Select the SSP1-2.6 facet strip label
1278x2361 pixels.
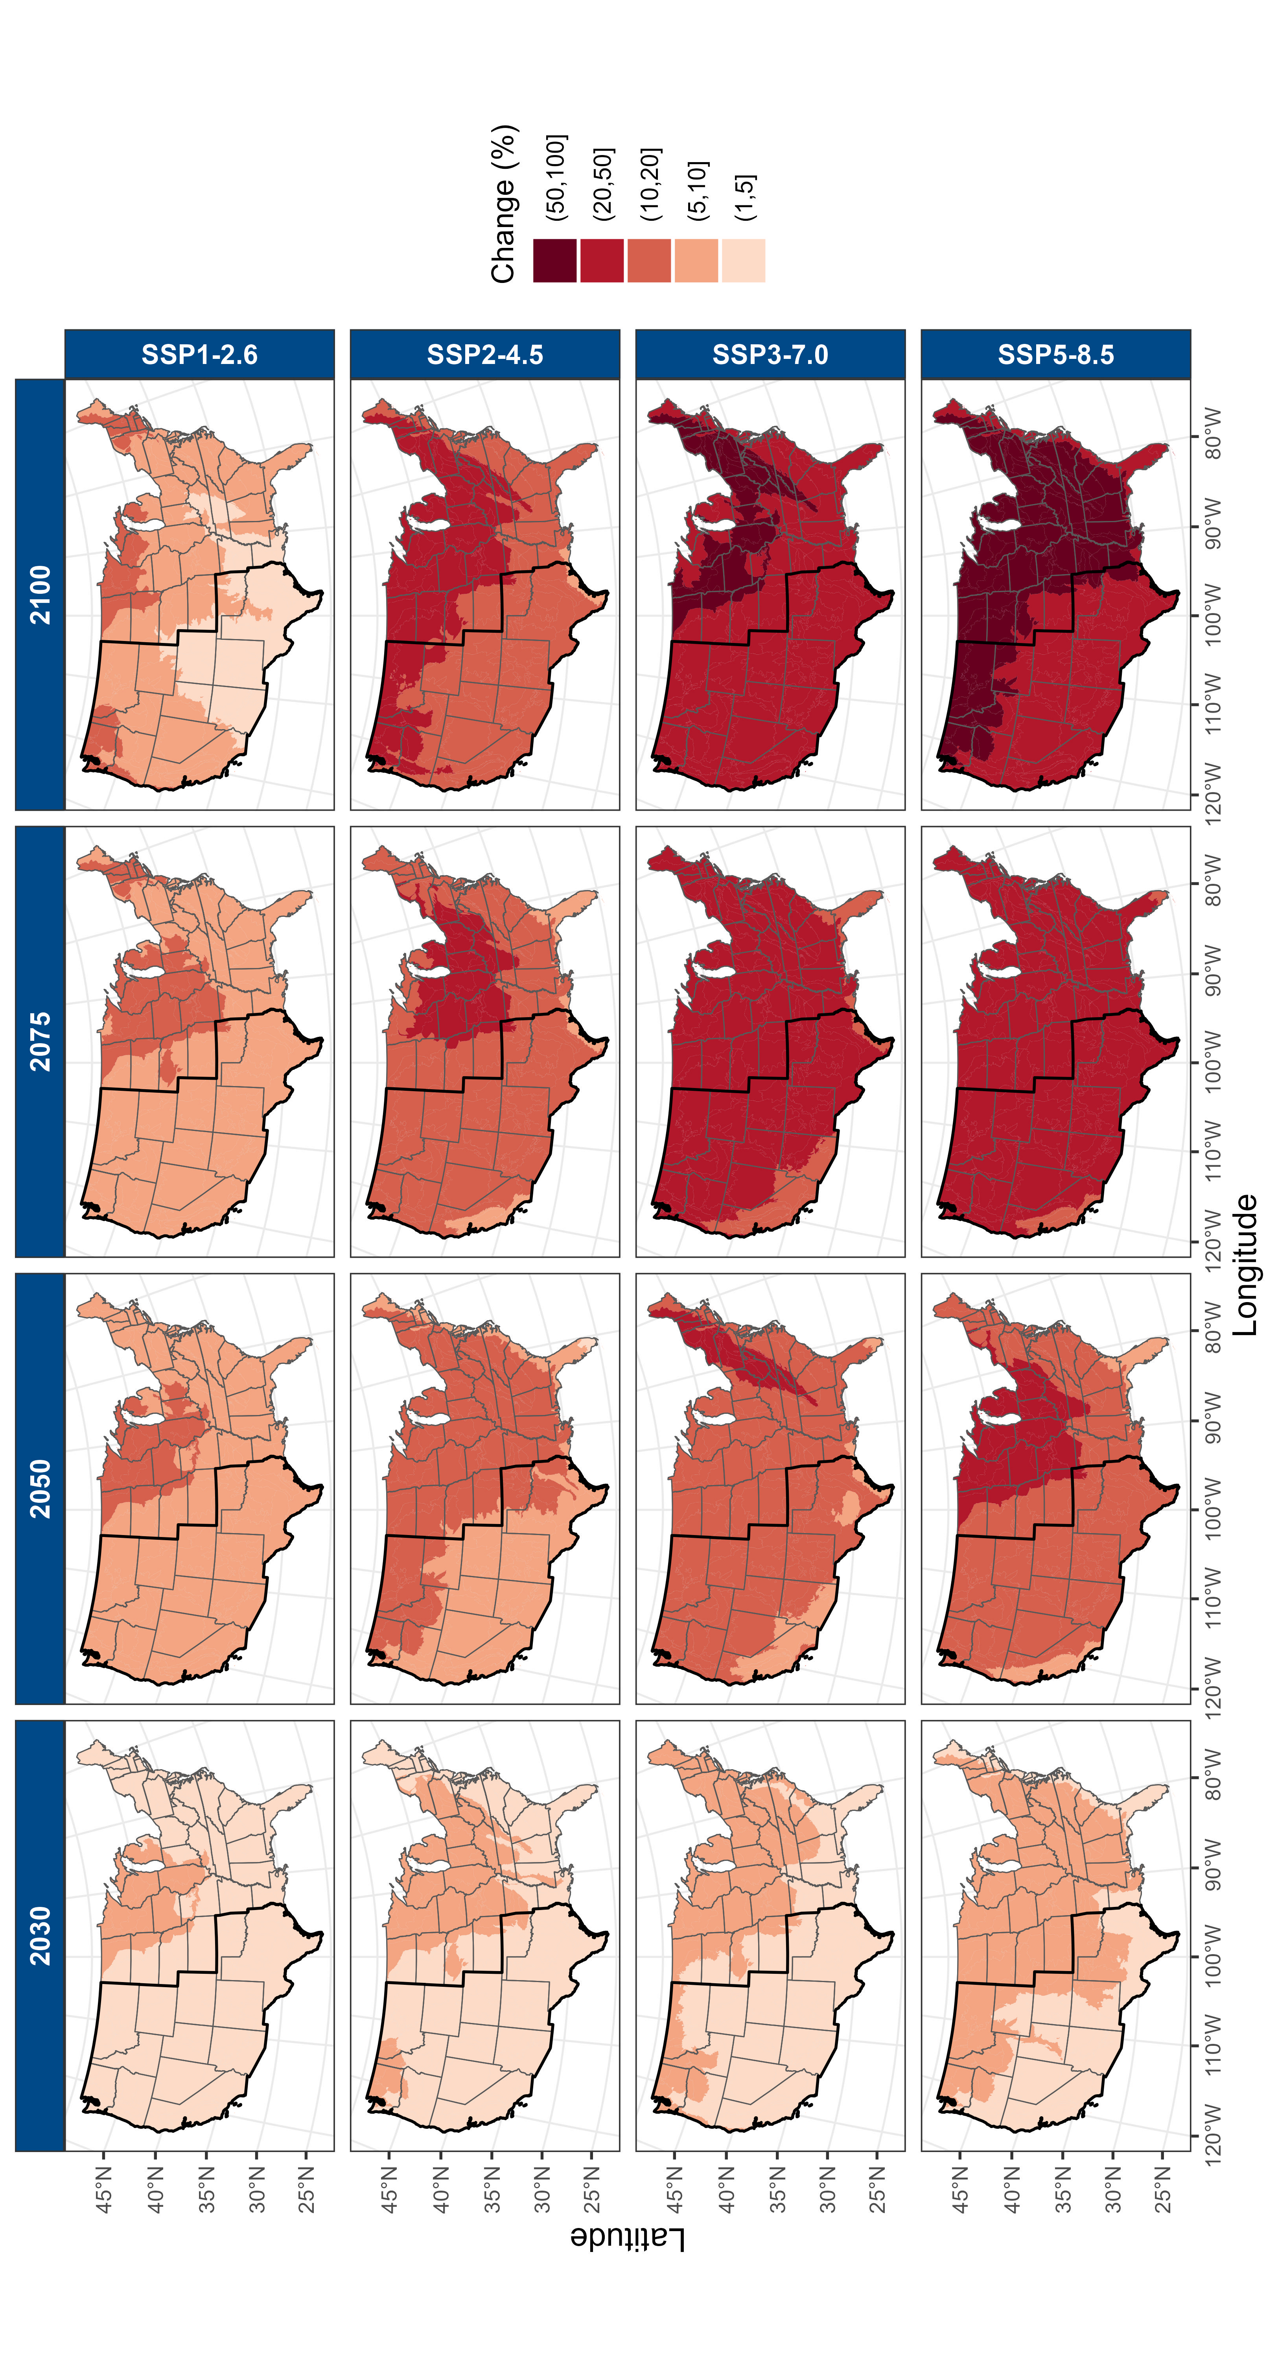tap(200, 354)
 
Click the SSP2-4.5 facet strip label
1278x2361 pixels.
tap(484, 354)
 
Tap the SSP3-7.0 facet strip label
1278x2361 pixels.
tap(770, 354)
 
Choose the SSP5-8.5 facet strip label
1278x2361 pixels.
tap(1055, 354)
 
